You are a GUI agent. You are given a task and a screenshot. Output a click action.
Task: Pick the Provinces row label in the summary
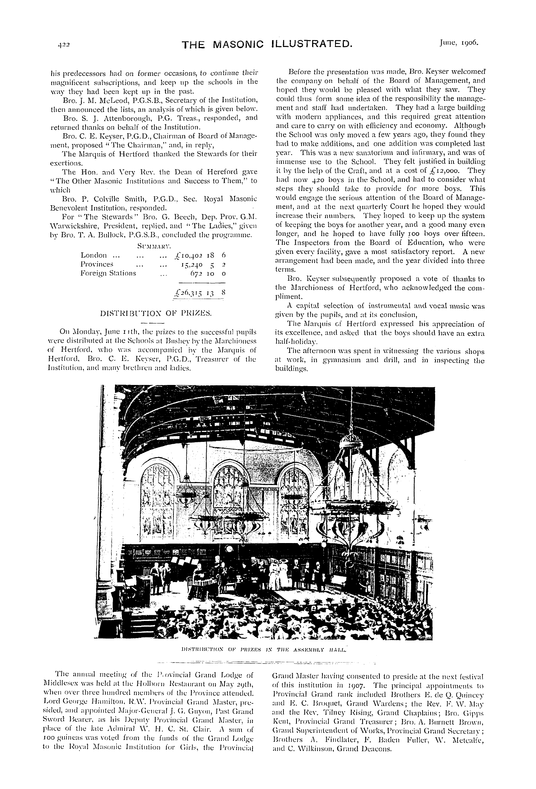point(97,264)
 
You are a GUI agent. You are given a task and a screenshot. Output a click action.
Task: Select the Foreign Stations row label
point(108,273)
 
